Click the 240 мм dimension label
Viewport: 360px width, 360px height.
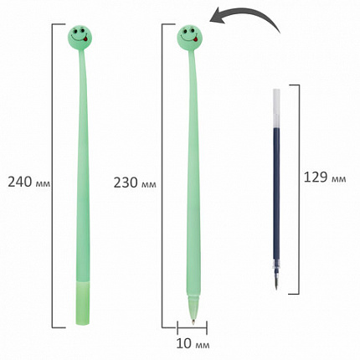(28, 182)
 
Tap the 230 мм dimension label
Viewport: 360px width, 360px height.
(135, 183)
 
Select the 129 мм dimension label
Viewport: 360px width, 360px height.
(325, 177)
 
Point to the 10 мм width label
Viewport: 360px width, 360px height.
(193, 344)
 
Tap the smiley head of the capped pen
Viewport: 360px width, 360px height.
(80, 34)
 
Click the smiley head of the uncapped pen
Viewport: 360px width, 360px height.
(189, 36)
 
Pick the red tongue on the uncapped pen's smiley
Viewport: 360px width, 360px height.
(196, 39)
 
